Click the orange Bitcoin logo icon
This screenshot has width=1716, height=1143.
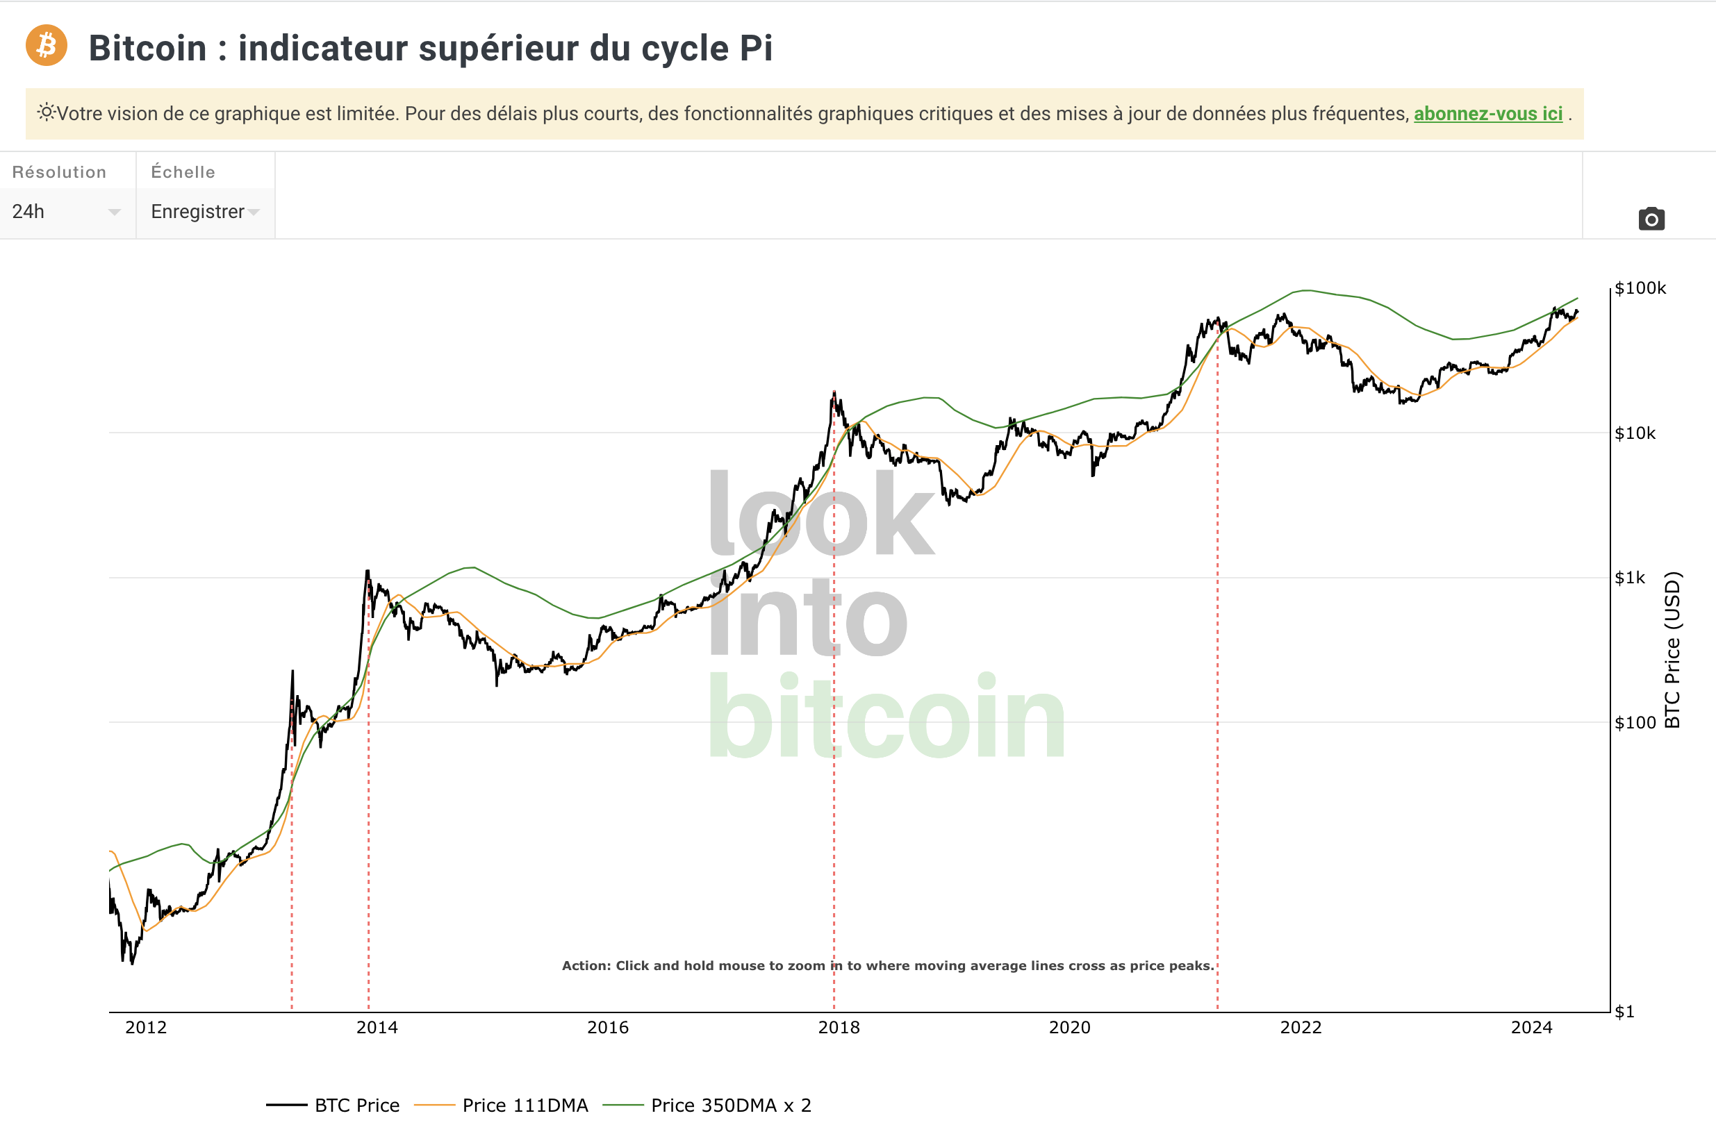47,45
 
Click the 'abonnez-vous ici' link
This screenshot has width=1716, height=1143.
1487,114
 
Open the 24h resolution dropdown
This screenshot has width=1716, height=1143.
65,211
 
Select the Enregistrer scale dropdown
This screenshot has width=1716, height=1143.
205,211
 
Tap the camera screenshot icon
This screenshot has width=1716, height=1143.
1651,219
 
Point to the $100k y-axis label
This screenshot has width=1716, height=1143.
1640,288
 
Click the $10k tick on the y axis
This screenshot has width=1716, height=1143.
1635,433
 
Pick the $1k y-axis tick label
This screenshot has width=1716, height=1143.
1630,578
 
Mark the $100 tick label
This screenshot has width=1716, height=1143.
1635,722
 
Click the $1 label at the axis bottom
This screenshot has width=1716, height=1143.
1625,1012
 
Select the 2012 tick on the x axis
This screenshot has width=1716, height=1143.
146,1027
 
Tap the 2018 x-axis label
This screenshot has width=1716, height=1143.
839,1027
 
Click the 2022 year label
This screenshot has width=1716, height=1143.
1301,1027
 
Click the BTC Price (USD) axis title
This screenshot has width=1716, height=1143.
1672,649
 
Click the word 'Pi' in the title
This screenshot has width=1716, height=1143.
756,48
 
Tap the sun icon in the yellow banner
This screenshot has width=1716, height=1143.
46,112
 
